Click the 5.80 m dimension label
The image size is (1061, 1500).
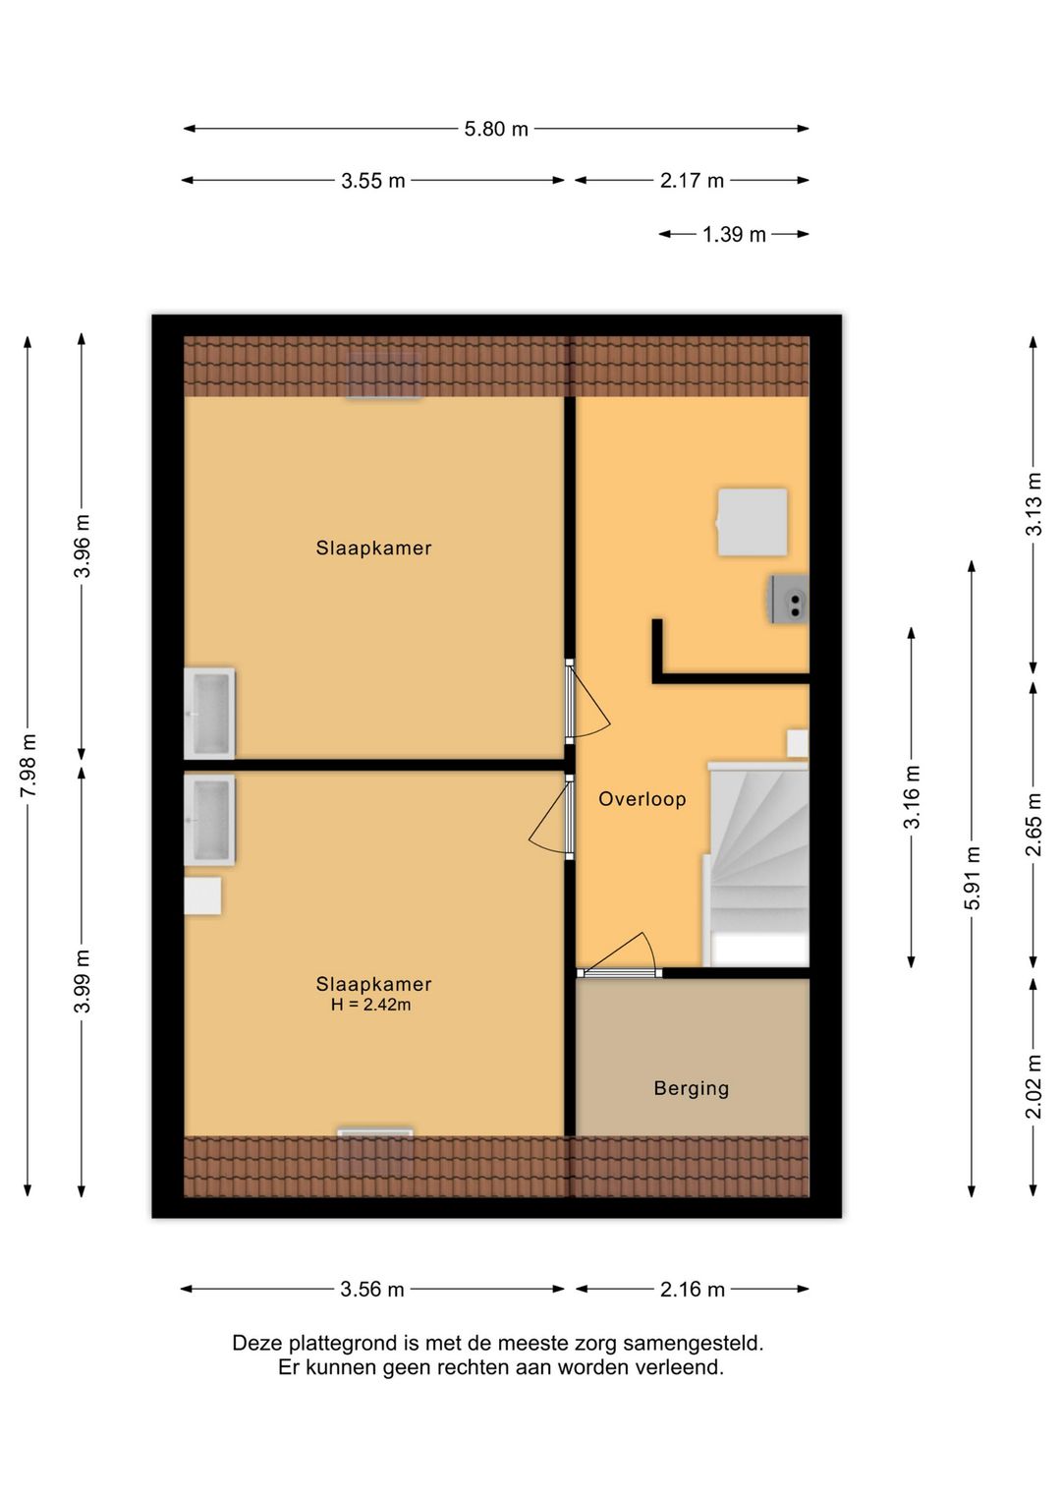(496, 129)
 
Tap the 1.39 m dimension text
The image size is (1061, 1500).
(734, 234)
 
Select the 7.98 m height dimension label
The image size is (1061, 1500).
(28, 765)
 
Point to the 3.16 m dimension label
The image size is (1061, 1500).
(912, 797)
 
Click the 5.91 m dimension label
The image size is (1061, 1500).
(972, 877)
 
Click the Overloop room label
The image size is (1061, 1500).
(642, 799)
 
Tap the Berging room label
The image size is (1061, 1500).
(691, 1088)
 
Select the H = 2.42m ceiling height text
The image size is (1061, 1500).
(370, 1005)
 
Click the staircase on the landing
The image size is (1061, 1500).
(756, 864)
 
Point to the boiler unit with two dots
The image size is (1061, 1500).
(789, 599)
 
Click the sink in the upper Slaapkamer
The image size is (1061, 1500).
(209, 714)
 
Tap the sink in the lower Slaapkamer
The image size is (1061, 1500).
(209, 820)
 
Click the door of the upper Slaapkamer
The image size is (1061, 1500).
(587, 701)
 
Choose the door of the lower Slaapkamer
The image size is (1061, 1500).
(551, 817)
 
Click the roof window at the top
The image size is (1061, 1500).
(383, 376)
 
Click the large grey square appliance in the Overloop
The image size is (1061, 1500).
(752, 522)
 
